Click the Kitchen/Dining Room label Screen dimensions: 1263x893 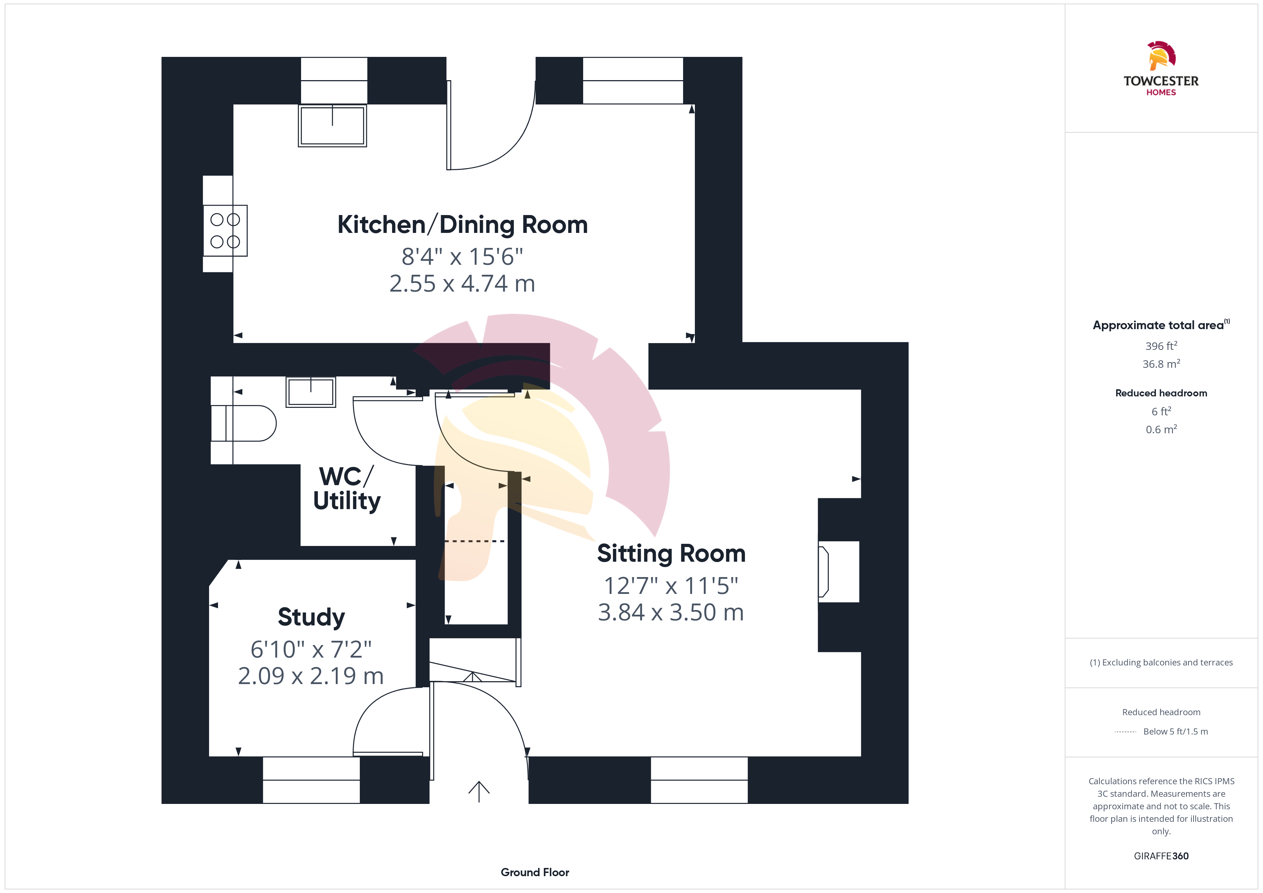coord(463,225)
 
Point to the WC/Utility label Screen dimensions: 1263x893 coord(347,489)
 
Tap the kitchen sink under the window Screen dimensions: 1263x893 coord(332,125)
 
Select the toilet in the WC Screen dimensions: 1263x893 coord(243,423)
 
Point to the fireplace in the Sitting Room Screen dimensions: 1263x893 coord(838,572)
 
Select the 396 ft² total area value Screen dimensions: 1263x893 coord(1161,346)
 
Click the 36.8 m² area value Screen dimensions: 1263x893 coord(1161,364)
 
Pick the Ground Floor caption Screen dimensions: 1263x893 coord(535,872)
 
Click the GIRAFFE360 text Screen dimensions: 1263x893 coord(1161,856)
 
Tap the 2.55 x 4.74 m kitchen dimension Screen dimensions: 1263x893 coord(462,284)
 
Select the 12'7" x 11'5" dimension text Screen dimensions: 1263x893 coord(671,586)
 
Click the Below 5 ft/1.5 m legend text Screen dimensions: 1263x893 coord(1176,731)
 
